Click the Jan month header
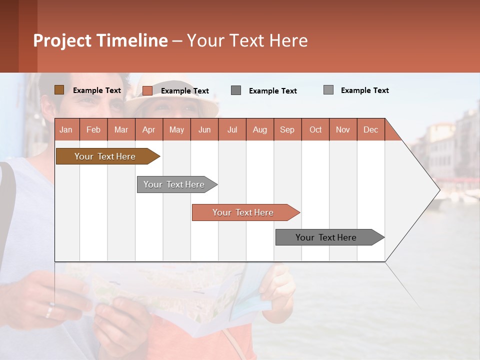(x=66, y=129)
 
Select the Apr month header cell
(x=149, y=129)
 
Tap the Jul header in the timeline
(x=232, y=129)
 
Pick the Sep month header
(x=287, y=129)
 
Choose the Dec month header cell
(x=370, y=129)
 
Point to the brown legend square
(x=59, y=90)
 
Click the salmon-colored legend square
(x=147, y=90)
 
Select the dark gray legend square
(x=236, y=90)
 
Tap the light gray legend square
(x=328, y=90)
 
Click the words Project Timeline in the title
(x=100, y=40)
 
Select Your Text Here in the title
(x=247, y=40)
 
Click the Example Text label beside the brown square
(x=97, y=90)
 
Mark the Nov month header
(x=343, y=129)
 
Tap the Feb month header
(x=93, y=129)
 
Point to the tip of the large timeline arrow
(x=438, y=189)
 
